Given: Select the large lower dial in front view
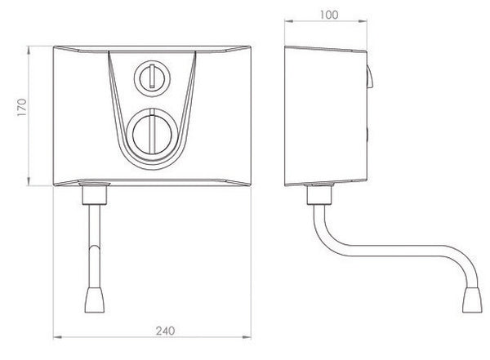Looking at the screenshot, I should click(x=150, y=131).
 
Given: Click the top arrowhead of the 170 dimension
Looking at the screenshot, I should click(x=30, y=47).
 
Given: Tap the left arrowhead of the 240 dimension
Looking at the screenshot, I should click(x=55, y=337).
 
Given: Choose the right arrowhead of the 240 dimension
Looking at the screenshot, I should click(x=247, y=337).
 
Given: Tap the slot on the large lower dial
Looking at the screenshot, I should click(x=150, y=131).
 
